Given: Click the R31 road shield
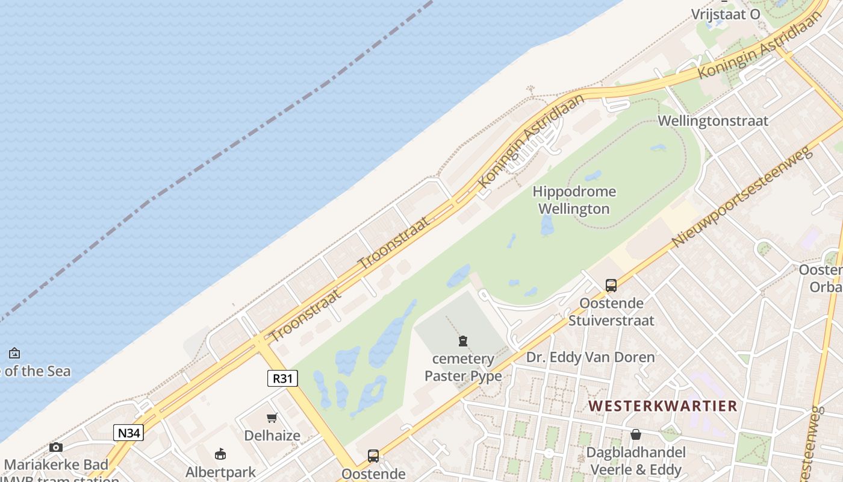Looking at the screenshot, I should coord(282,378).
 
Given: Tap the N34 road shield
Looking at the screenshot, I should coord(129,432).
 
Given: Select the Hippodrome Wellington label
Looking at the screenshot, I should coord(574,201).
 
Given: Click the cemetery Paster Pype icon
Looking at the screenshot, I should coord(463,342).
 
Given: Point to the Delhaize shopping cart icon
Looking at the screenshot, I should coord(272,418).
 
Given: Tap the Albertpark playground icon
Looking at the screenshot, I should coord(220,454).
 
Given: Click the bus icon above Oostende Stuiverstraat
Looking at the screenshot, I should coord(611,286).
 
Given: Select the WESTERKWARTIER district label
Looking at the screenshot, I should coord(662,406).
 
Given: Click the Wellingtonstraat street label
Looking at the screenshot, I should coord(713,120).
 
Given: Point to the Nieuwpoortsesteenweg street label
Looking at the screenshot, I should coord(742,196).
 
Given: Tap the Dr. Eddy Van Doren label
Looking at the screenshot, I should coord(590,357).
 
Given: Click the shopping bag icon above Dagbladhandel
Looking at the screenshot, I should coord(635,434).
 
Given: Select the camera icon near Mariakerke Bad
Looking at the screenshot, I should coord(56,447).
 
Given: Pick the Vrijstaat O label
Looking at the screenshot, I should coord(726,14).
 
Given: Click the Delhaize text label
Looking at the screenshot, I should coord(272,435).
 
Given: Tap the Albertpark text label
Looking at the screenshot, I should coord(220,472).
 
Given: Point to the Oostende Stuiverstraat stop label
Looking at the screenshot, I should coord(611,311).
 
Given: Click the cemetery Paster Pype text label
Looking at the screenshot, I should coord(463,368).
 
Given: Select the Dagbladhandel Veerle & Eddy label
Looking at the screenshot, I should coord(636,461).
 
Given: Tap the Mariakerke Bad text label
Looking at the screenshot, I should coord(56,465).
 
